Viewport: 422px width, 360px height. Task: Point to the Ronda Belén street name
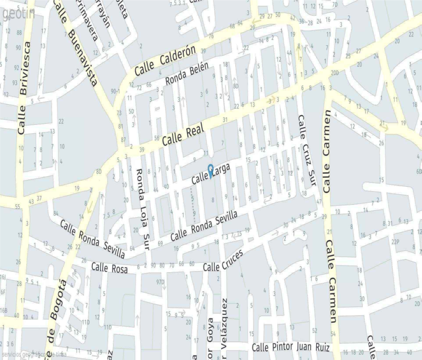click(186, 73)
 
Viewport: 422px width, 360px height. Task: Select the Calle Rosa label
click(110, 268)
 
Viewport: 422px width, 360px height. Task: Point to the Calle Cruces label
click(223, 260)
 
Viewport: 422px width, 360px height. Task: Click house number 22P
click(395, 241)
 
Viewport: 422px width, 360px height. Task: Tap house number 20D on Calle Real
click(335, 73)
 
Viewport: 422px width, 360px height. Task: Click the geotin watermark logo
click(18, 14)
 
